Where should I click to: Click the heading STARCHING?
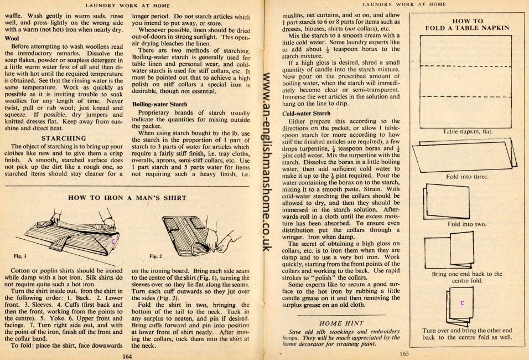point(64,138)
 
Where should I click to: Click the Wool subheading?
point(12,39)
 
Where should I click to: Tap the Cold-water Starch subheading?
point(306,113)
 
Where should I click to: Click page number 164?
point(128,356)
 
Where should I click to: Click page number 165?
point(404,353)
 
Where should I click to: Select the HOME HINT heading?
point(341,323)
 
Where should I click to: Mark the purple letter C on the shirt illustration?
point(113,241)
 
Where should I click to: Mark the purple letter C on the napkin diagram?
point(462,304)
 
